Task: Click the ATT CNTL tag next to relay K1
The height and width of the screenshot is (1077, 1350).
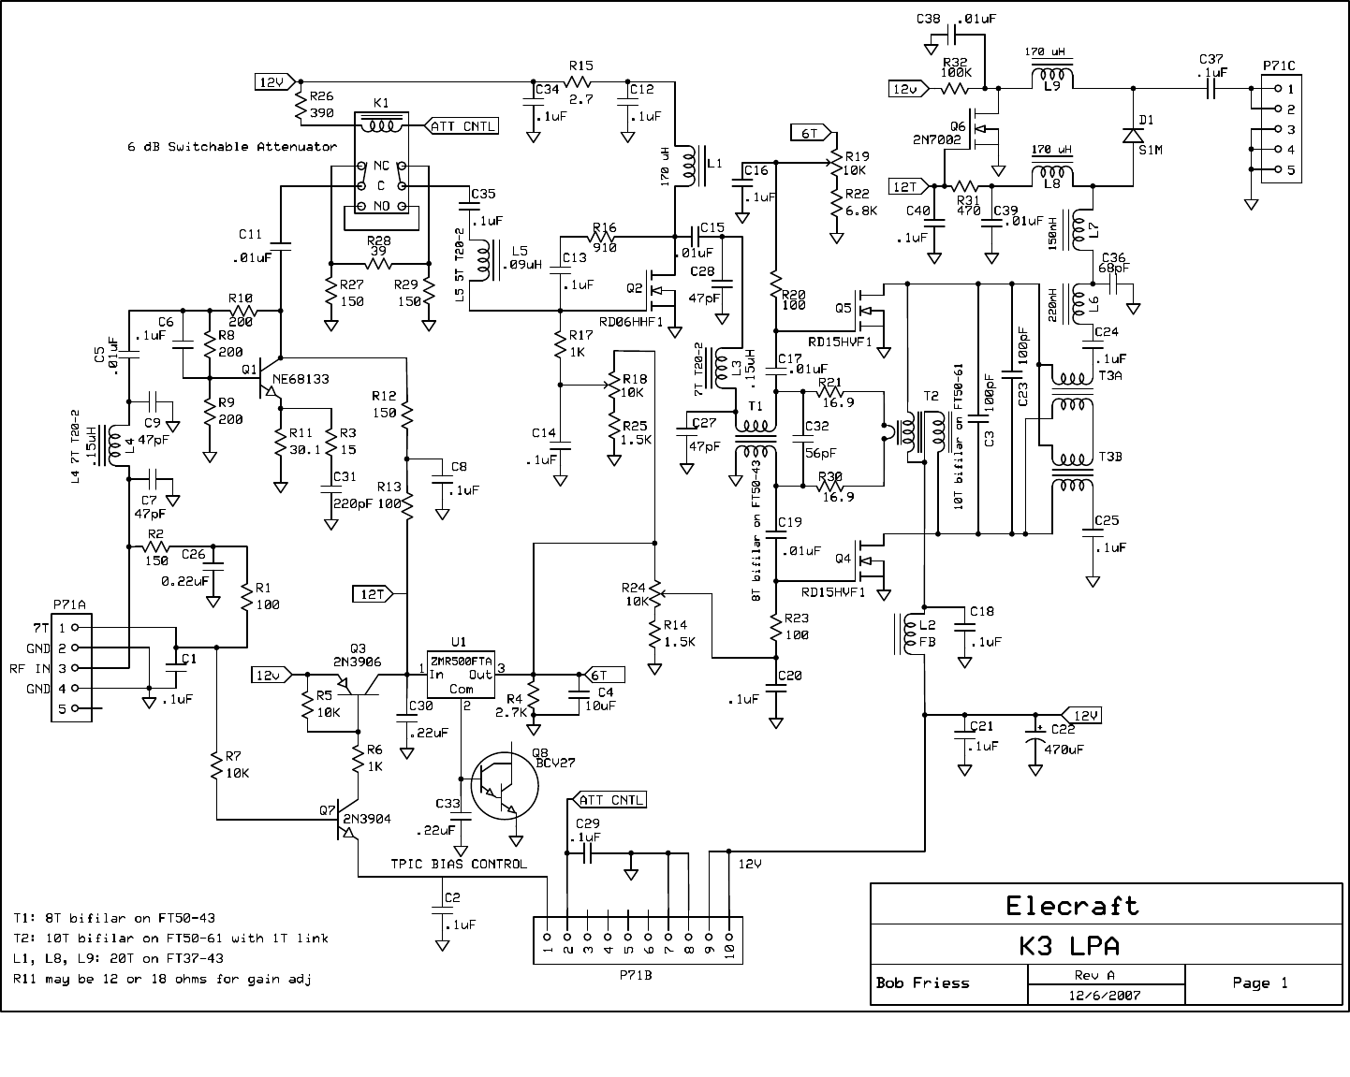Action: (462, 125)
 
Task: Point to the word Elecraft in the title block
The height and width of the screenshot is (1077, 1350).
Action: (1072, 906)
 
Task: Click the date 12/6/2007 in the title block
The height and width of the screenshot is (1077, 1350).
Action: (1107, 996)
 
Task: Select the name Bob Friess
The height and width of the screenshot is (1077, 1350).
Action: (922, 983)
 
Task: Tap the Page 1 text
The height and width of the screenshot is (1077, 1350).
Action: (1260, 982)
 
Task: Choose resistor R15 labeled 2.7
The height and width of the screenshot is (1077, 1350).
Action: (580, 82)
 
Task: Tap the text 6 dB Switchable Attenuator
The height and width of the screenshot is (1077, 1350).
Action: (231, 147)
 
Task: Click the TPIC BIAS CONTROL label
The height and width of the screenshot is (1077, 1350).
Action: (459, 864)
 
